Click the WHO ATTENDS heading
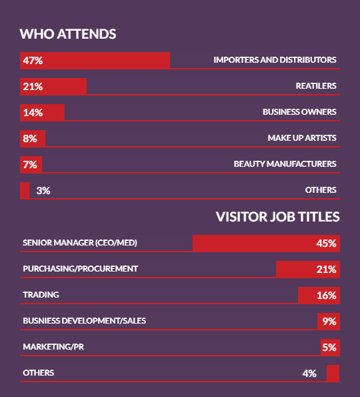coord(68,34)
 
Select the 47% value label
coord(33,61)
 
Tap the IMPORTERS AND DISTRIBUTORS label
coord(275,60)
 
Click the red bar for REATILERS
coord(53,86)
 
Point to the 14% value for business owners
coord(33,113)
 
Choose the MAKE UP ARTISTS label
coord(302,138)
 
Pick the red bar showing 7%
coord(31,165)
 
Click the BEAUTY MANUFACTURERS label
coord(285,164)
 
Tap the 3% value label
coord(43,191)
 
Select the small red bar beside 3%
coord(25,190)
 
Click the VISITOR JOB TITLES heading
coord(277,217)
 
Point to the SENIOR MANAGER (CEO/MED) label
coord(80,243)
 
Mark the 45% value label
coord(326,244)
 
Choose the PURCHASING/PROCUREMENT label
coord(81,269)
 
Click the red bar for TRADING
coord(319,295)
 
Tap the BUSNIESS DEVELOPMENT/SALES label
coord(85,321)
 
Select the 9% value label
coord(329,322)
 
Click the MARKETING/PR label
coord(53,347)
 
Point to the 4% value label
coord(309,374)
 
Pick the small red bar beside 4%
coord(333,373)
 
